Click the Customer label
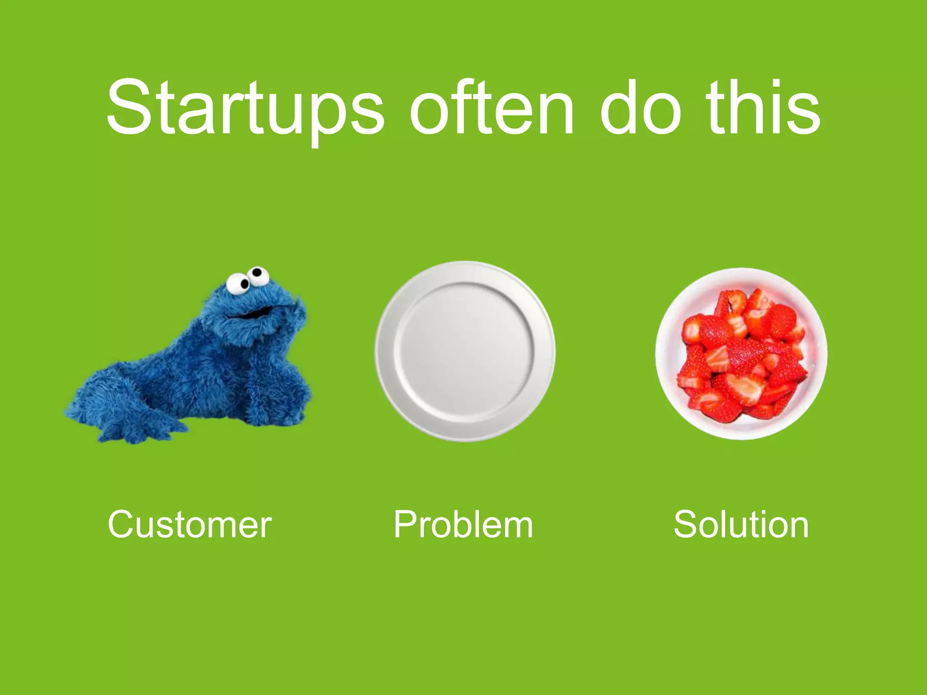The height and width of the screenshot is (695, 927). coord(190,524)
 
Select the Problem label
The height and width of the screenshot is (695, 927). coord(463,524)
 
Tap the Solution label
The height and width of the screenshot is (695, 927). coord(741,524)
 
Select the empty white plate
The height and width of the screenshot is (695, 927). coord(465,351)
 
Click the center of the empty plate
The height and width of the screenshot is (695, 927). coord(465,351)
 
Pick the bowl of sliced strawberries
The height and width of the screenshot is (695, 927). coord(741,353)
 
